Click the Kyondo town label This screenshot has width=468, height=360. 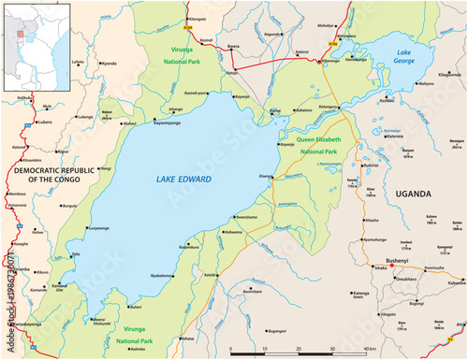110,64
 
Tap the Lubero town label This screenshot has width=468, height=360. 46,122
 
